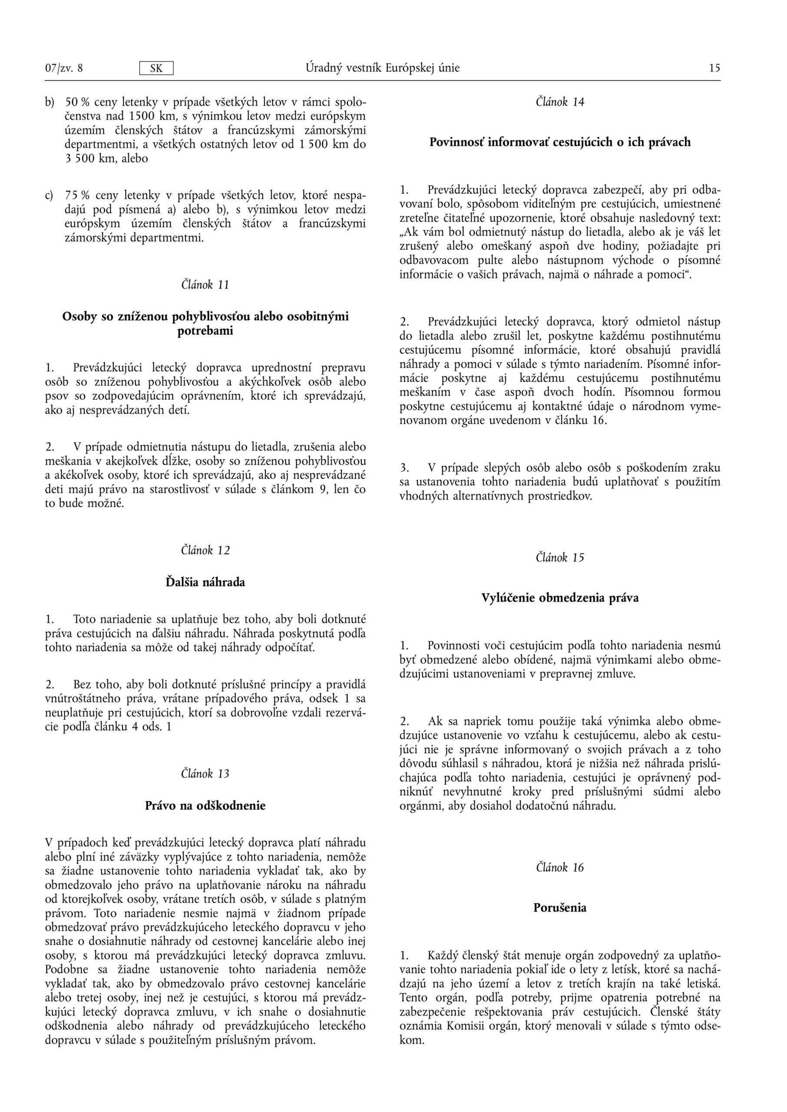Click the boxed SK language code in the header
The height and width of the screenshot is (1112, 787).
point(156,68)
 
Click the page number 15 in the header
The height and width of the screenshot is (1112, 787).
point(714,68)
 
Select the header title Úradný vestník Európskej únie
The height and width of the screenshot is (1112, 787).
point(382,68)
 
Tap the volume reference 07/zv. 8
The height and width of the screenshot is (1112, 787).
point(63,68)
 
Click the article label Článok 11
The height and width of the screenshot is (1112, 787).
point(205,285)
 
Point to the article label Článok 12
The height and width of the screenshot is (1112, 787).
point(205,550)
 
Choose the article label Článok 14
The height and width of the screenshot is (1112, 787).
point(560,102)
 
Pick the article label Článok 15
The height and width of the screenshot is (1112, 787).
point(560,557)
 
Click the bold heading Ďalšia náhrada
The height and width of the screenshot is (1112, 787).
point(205,582)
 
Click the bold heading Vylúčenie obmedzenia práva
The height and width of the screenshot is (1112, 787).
point(560,598)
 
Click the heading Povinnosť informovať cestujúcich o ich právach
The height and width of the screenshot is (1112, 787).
point(560,142)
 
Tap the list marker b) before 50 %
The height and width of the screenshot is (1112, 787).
point(50,102)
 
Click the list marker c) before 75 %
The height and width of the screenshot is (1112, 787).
point(49,196)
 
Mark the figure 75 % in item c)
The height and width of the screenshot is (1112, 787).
point(78,195)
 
